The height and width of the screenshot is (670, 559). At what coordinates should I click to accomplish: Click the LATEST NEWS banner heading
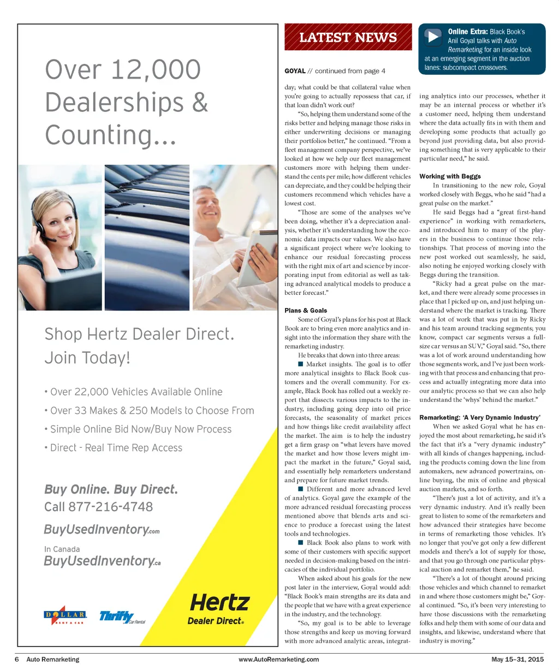(348, 38)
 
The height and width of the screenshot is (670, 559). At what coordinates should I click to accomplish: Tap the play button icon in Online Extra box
(433, 37)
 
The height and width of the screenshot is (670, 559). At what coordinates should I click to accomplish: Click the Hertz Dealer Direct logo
(218, 609)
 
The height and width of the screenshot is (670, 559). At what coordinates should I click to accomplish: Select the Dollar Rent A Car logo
(65, 617)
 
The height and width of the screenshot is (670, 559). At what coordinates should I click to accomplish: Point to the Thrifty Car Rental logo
(122, 618)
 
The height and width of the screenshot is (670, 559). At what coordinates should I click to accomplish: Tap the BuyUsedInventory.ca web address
(102, 561)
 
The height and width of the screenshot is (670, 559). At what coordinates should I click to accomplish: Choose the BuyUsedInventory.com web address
(102, 530)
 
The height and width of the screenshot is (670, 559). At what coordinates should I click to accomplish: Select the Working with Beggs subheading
(450, 176)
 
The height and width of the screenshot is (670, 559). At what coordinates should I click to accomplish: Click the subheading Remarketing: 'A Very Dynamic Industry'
(480, 418)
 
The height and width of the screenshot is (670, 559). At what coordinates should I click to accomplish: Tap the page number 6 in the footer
(17, 660)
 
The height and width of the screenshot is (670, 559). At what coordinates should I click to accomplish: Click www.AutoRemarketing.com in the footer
(278, 660)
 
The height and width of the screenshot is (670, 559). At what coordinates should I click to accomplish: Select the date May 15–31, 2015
(517, 660)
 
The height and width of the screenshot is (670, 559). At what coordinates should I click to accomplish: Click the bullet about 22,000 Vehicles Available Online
(136, 392)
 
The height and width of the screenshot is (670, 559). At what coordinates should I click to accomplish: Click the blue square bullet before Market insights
(300, 364)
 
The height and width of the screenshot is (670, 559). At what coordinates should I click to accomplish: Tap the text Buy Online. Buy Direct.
(111, 489)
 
